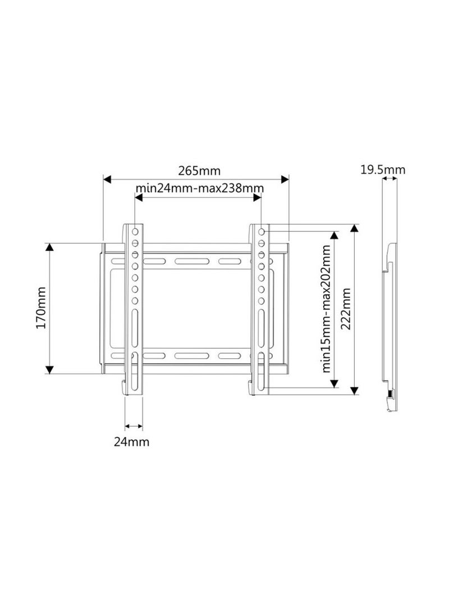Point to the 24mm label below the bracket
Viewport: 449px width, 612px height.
click(x=131, y=441)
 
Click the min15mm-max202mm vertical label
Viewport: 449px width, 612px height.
click(x=326, y=309)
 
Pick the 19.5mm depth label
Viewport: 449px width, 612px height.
click(x=383, y=169)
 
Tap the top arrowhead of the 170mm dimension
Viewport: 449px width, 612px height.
click(x=49, y=248)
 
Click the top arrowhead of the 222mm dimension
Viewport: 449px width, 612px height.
click(x=354, y=229)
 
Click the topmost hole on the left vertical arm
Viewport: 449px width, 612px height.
click(x=135, y=231)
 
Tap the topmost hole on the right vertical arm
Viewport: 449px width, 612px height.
click(x=262, y=231)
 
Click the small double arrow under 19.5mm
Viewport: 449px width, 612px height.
click(x=389, y=179)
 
